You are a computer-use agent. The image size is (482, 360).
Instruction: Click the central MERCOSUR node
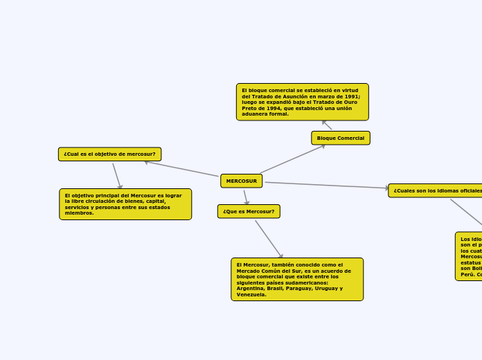click(x=241, y=181)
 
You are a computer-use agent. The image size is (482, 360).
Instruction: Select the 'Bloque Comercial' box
click(x=340, y=138)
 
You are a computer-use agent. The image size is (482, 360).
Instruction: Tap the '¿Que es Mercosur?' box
click(x=249, y=211)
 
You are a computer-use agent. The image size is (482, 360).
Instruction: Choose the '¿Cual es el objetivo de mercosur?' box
click(x=109, y=154)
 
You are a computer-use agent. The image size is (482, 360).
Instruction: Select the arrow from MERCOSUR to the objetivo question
click(x=181, y=169)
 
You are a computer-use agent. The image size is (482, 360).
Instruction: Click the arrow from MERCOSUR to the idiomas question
click(x=325, y=186)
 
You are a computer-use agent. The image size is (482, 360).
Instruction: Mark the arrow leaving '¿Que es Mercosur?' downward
click(x=269, y=240)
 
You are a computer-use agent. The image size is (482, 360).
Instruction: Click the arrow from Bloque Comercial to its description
click(x=327, y=125)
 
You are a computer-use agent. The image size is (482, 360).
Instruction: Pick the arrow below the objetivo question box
click(x=117, y=176)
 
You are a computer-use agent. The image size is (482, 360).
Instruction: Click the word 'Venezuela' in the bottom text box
click(x=250, y=294)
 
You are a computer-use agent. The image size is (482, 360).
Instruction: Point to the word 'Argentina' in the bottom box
click(x=250, y=288)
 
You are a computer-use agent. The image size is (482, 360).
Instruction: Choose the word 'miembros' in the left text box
click(x=78, y=213)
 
